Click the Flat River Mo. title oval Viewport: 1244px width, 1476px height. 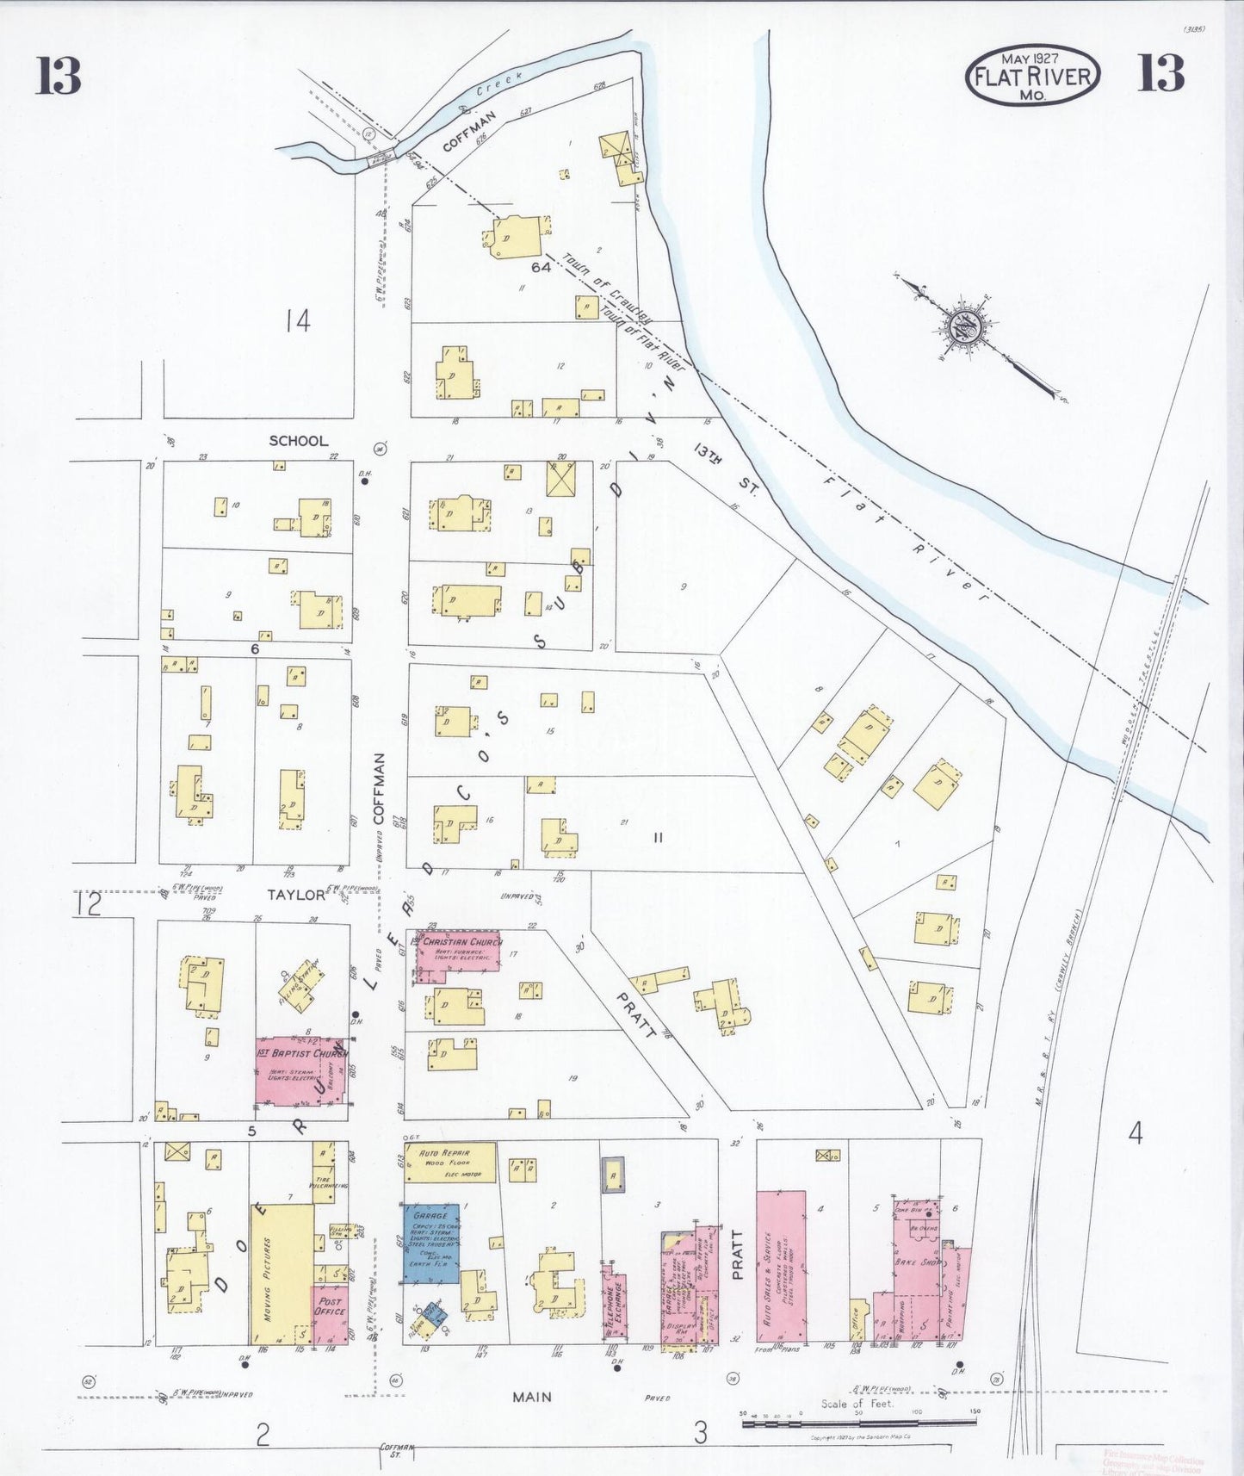pyautogui.click(x=1032, y=76)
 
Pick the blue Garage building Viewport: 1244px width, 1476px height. pyautogui.click(x=430, y=1243)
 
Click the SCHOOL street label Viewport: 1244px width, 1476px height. pyautogui.click(x=299, y=441)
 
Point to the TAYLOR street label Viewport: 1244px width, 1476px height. pyautogui.click(x=296, y=895)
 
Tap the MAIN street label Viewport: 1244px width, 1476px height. pyautogui.click(x=532, y=1397)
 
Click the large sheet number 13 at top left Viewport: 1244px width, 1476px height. pyautogui.click(x=59, y=76)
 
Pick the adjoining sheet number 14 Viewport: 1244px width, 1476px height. pyautogui.click(x=297, y=322)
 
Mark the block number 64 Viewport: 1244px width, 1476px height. pyautogui.click(x=541, y=267)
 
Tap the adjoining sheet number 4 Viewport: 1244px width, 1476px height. pyautogui.click(x=1136, y=1134)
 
